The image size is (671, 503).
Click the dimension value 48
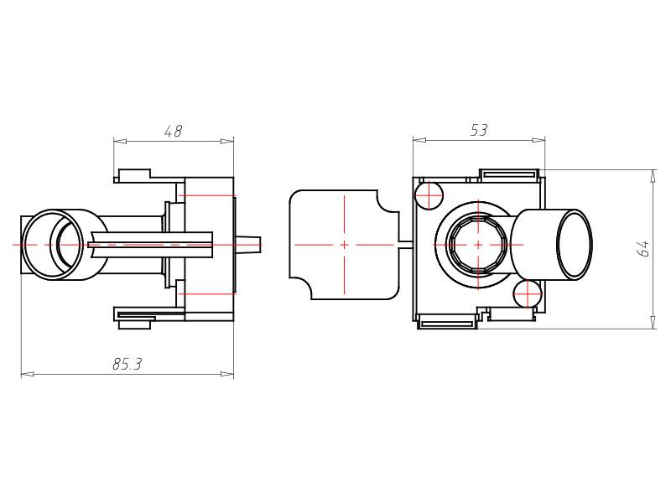174,131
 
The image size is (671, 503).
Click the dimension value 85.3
127,364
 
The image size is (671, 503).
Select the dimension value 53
479,130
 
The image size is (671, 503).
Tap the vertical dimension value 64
643,248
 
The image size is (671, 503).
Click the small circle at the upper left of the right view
429,195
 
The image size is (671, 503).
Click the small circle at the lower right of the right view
528,294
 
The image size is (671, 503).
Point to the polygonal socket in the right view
478,245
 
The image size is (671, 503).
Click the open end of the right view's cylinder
575,245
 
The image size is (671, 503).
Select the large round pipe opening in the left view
52,245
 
